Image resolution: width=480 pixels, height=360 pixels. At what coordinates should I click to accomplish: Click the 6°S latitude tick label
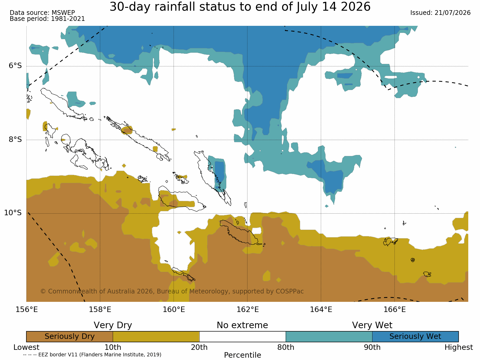(15, 66)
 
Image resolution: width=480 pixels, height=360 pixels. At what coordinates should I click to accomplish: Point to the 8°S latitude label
(15, 140)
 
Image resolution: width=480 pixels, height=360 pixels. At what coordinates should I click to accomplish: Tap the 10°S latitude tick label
(13, 213)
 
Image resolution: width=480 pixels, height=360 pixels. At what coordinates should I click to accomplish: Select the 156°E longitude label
(27, 310)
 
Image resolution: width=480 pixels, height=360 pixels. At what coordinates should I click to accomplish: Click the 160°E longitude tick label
(174, 310)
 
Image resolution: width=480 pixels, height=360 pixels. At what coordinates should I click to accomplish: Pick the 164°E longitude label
(321, 310)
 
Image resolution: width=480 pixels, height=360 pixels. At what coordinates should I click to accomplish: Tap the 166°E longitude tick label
(395, 310)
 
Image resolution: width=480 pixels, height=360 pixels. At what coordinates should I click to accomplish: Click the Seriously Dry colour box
(70, 337)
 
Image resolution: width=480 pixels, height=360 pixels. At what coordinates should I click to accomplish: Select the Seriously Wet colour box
(415, 337)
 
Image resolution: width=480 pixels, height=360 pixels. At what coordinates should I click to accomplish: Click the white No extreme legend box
(242, 337)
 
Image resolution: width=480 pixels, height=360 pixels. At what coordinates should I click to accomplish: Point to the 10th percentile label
(113, 347)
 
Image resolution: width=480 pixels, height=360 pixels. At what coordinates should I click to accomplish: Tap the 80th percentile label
(286, 347)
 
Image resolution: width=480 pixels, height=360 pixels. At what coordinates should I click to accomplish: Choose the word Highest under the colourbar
(459, 347)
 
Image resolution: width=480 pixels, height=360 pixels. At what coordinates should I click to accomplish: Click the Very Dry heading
(113, 325)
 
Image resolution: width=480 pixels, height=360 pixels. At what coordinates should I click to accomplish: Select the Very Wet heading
(372, 325)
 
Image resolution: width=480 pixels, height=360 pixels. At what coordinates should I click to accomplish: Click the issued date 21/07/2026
(453, 13)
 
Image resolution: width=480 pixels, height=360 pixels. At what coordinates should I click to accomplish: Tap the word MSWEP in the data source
(63, 13)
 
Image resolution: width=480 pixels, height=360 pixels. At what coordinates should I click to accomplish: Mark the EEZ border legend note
(92, 355)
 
